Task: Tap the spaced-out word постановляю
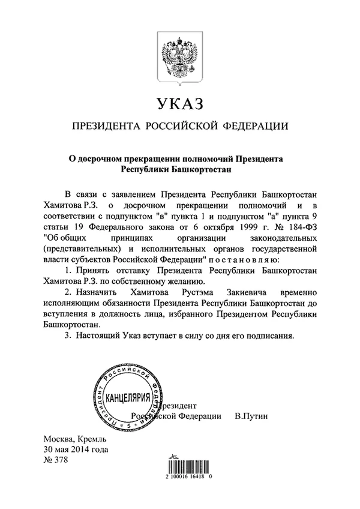pos(245,259)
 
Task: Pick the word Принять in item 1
pos(91,271)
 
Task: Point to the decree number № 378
pos(56,460)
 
